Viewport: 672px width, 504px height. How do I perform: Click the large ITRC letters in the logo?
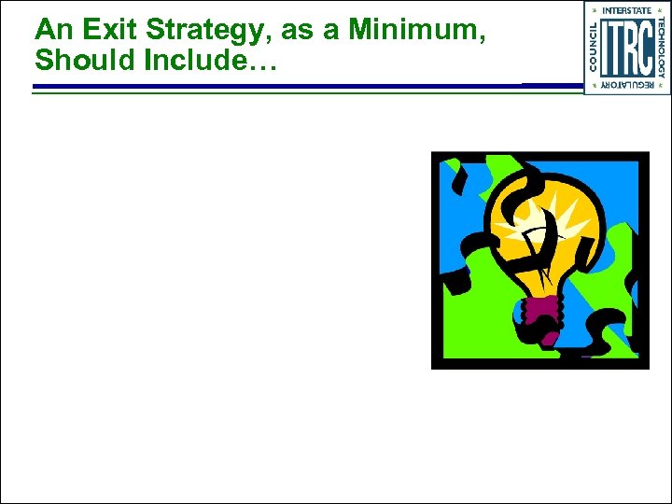(x=627, y=48)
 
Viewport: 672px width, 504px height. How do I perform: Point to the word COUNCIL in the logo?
(x=594, y=47)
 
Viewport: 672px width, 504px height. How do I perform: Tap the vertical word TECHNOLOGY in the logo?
(x=661, y=47)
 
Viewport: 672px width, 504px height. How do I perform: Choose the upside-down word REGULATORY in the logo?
(x=626, y=85)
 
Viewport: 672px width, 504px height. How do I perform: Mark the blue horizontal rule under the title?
(x=280, y=87)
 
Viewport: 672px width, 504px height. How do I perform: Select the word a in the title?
(x=333, y=31)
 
